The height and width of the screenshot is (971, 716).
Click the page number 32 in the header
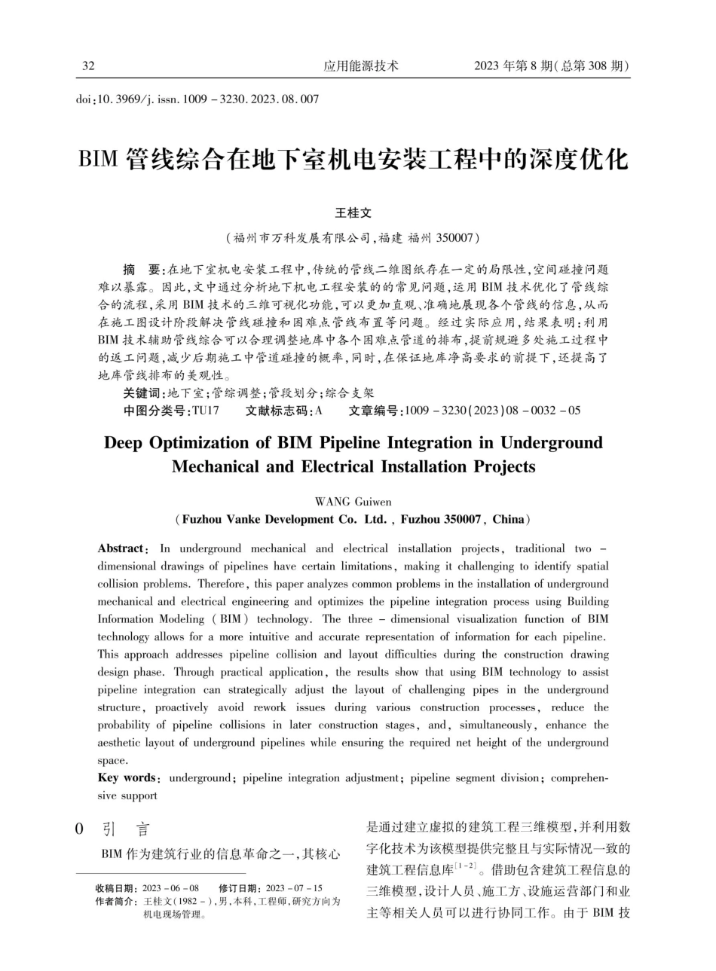88,66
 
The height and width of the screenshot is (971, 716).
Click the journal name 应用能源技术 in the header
361,66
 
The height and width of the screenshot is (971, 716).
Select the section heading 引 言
125,830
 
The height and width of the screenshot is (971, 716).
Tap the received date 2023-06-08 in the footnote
170,888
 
